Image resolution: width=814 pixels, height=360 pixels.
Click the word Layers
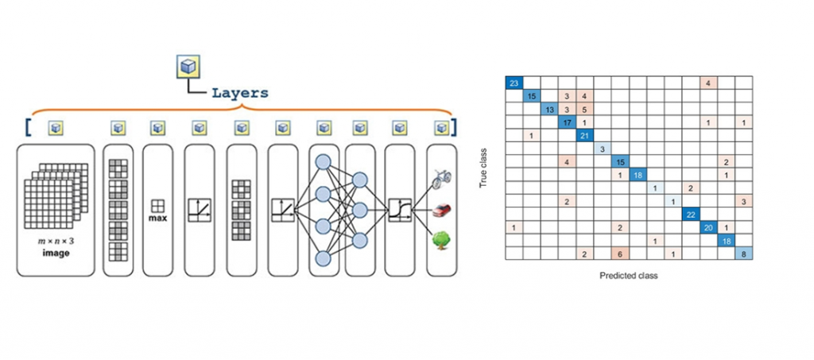[239, 92]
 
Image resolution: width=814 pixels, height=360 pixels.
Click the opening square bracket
[29, 126]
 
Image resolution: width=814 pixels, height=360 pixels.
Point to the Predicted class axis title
[629, 276]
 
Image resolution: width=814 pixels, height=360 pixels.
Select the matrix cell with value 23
[514, 83]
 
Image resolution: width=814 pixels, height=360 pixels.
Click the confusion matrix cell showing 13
[549, 109]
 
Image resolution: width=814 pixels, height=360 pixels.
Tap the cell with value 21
[584, 135]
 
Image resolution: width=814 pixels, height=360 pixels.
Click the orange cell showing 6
[620, 254]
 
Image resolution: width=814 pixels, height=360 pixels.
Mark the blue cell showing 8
[744, 254]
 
